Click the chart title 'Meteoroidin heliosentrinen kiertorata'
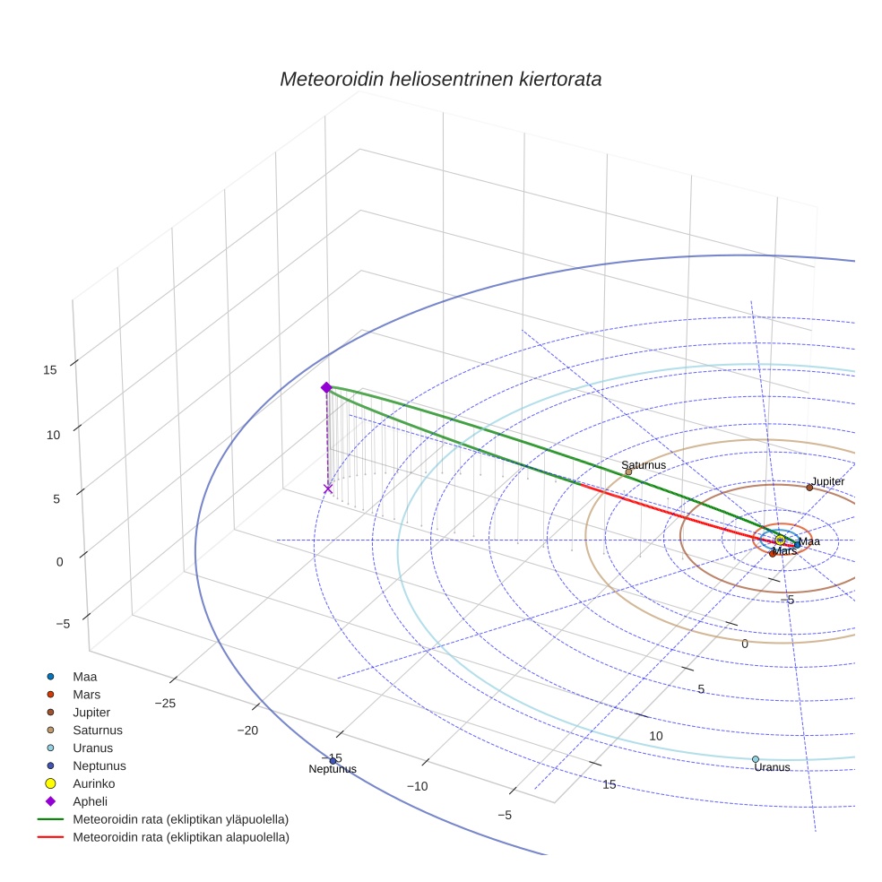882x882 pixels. [x=440, y=79]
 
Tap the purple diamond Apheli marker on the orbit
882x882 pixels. [x=326, y=387]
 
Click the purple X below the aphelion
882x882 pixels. [x=328, y=489]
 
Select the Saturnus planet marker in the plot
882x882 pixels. [x=628, y=471]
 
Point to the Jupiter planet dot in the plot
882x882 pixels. [x=809, y=488]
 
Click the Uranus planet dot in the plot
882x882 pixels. [x=756, y=759]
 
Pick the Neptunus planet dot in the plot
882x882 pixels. [x=333, y=761]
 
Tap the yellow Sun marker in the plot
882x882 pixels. [x=780, y=540]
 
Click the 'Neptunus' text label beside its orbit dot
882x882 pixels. [x=333, y=769]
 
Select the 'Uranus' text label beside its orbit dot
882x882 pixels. [x=772, y=767]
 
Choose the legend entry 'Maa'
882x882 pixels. [x=85, y=677]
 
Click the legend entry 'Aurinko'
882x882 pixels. [x=93, y=783]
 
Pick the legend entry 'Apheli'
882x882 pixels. [x=90, y=801]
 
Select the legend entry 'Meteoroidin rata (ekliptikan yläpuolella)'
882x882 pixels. [x=180, y=819]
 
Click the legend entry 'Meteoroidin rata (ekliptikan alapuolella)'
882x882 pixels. [x=180, y=837]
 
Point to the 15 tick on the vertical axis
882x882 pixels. [x=50, y=369]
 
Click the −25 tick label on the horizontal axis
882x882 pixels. [x=165, y=704]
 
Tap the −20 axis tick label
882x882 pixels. [x=247, y=731]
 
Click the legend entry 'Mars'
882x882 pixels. [x=86, y=695]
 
